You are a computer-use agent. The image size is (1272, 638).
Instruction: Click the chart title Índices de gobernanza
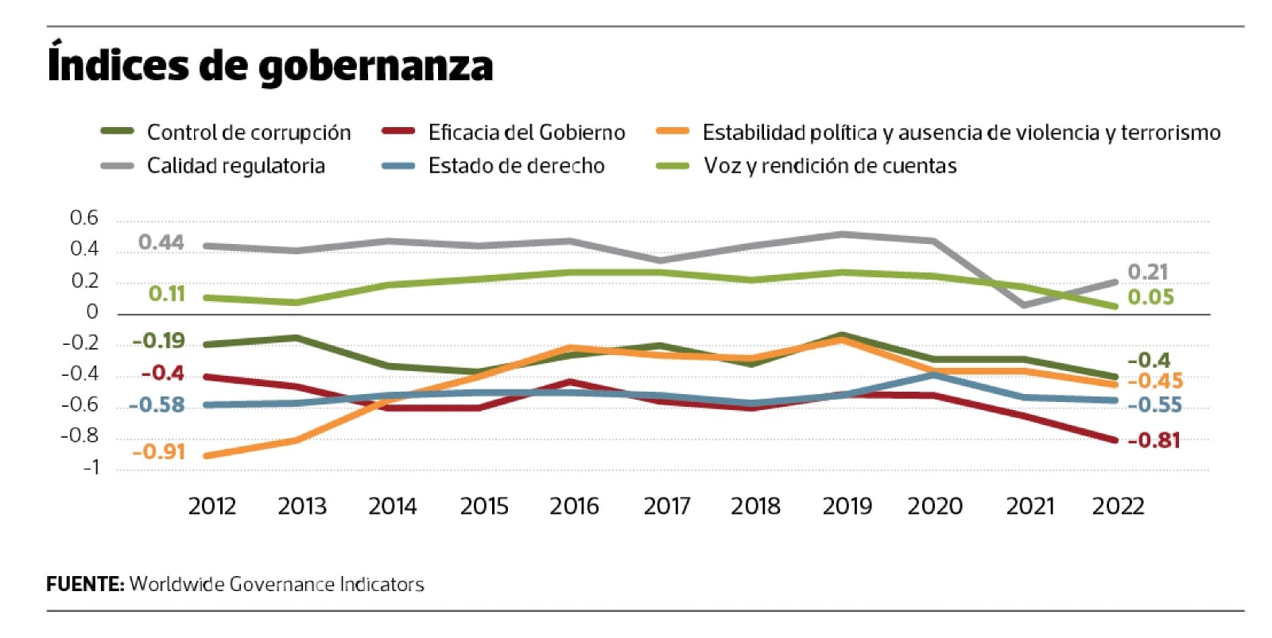click(x=270, y=65)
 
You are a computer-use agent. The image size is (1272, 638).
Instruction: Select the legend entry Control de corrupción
click(x=248, y=132)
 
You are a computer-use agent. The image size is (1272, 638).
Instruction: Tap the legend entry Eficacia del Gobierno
click(x=526, y=132)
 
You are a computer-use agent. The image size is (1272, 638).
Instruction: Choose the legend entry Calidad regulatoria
click(x=235, y=166)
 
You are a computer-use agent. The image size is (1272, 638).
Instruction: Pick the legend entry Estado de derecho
click(x=516, y=166)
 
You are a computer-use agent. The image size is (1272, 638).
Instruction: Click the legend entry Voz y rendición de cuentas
click(x=829, y=166)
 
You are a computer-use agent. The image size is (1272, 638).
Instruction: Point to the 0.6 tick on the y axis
click(x=84, y=218)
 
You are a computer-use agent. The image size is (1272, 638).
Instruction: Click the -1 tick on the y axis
click(x=91, y=467)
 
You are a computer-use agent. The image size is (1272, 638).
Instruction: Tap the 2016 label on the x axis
click(x=574, y=506)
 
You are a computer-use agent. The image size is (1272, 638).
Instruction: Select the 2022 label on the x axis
click(x=1118, y=506)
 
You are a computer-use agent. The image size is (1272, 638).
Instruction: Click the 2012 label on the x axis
click(x=211, y=506)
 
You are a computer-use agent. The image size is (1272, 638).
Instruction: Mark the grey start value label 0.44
click(x=161, y=242)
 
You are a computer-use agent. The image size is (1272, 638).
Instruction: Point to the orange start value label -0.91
click(x=158, y=452)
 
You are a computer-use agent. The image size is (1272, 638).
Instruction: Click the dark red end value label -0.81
click(x=1154, y=440)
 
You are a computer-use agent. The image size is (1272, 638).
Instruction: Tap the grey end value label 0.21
click(x=1148, y=272)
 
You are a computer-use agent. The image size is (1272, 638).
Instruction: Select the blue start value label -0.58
click(x=157, y=405)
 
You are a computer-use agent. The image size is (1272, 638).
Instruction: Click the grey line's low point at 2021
click(x=1024, y=304)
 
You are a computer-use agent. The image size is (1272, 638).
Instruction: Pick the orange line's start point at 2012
click(x=207, y=456)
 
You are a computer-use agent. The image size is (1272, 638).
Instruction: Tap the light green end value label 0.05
click(x=1150, y=297)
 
